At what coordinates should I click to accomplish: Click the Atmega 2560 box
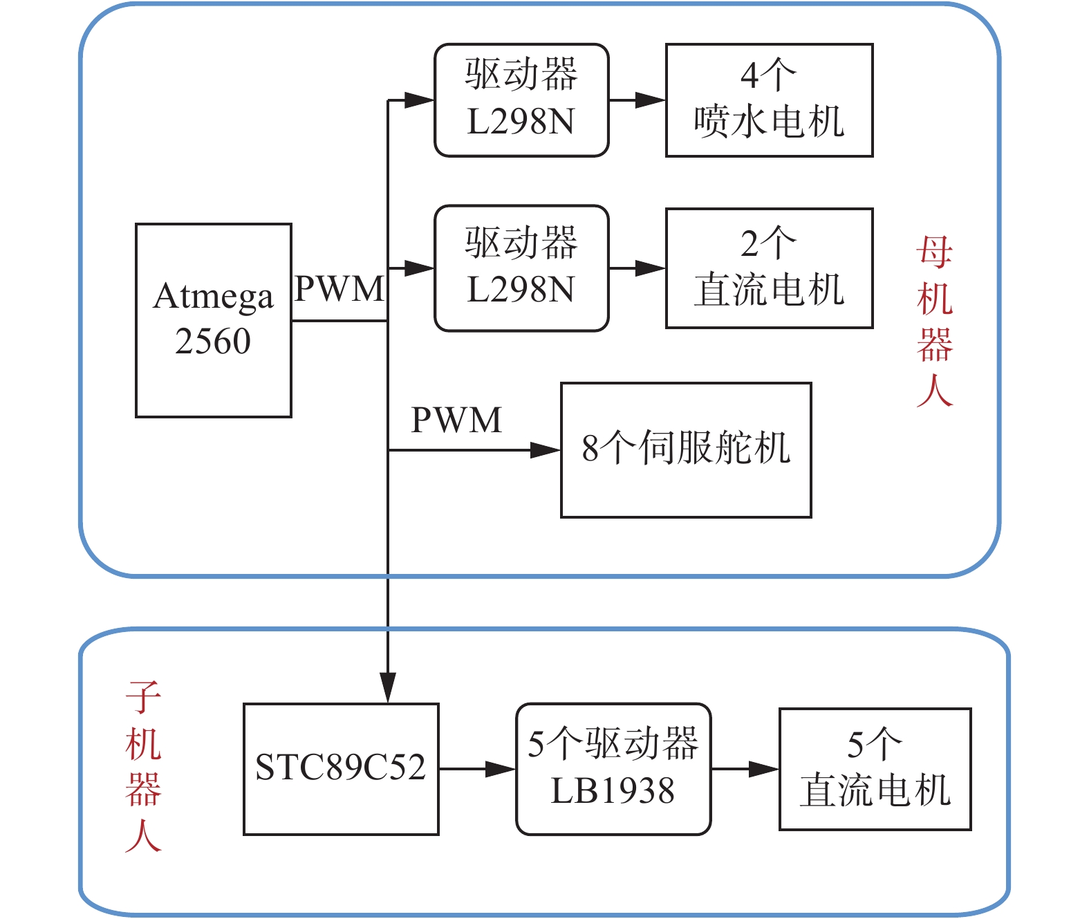[x=213, y=320]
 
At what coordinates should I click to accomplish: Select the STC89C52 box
[x=341, y=769]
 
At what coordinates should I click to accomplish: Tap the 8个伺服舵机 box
[x=686, y=449]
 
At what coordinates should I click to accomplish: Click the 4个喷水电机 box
[x=769, y=100]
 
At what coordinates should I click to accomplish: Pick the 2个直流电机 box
[x=769, y=268]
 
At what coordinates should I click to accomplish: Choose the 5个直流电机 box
[x=875, y=769]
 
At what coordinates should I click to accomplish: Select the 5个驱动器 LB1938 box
[x=613, y=769]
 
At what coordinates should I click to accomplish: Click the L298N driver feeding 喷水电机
[x=521, y=100]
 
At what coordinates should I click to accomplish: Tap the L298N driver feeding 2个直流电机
[x=521, y=268]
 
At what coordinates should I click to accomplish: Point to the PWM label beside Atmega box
[x=339, y=289]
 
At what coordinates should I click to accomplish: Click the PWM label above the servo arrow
[x=456, y=420]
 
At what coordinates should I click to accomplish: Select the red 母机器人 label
[x=935, y=322]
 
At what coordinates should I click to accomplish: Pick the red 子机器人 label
[x=143, y=766]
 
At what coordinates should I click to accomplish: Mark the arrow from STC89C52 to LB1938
[x=477, y=769]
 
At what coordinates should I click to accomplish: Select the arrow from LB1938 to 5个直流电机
[x=745, y=769]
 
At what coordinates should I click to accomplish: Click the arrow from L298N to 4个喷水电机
[x=637, y=100]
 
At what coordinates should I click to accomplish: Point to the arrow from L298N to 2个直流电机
[x=637, y=268]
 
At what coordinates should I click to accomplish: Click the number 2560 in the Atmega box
[x=213, y=342]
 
